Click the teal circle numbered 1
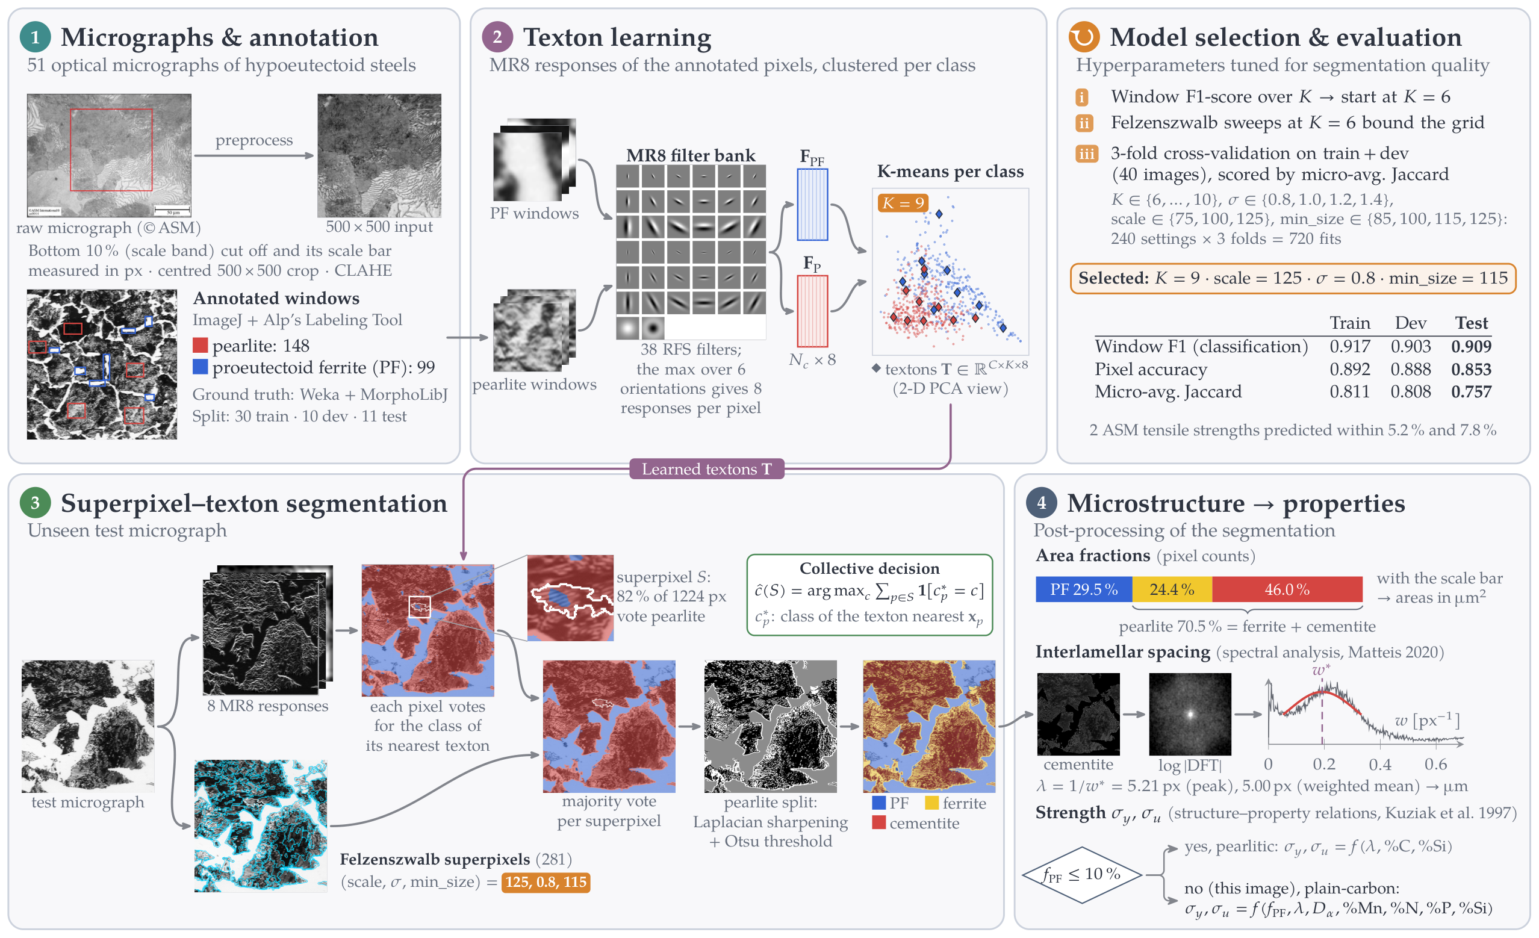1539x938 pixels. coord(35,37)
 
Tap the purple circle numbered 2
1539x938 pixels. coord(497,37)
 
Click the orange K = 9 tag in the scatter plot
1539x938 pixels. coord(903,203)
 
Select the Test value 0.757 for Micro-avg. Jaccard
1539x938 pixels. coord(1471,391)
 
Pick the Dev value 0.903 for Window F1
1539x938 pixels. coord(1410,347)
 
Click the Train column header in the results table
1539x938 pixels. coord(1350,323)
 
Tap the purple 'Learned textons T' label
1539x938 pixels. coord(706,469)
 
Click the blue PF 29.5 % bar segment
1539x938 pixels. coord(1084,589)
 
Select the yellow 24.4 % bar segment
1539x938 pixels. coord(1172,589)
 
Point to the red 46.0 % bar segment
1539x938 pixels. coord(1287,589)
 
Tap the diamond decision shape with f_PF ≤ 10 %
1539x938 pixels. coord(1082,875)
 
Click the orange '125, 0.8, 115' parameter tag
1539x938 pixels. coord(546,882)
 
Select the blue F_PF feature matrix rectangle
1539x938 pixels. coord(812,204)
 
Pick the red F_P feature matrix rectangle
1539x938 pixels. coord(812,311)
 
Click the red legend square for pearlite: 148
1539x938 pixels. coord(200,346)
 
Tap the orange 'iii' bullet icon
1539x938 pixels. coord(1086,154)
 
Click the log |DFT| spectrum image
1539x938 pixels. coord(1189,714)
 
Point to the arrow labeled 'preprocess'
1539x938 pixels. coord(253,155)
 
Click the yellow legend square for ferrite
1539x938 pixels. coord(931,803)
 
